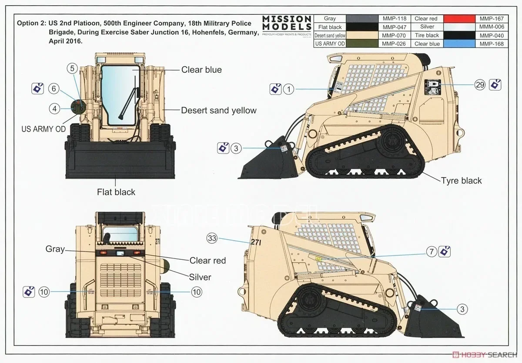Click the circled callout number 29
(x=480, y=85)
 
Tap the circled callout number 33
(x=212, y=238)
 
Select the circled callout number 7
(x=432, y=251)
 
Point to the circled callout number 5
(x=73, y=68)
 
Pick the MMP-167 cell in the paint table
(x=492, y=19)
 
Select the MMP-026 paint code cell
(x=394, y=44)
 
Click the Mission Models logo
(x=287, y=25)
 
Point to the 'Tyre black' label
(x=461, y=180)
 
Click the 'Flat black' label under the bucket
(x=116, y=192)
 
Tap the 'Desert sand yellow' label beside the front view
(x=219, y=110)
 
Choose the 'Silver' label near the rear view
(x=200, y=277)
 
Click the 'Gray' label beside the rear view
(x=55, y=249)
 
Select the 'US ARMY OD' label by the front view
(x=43, y=129)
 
